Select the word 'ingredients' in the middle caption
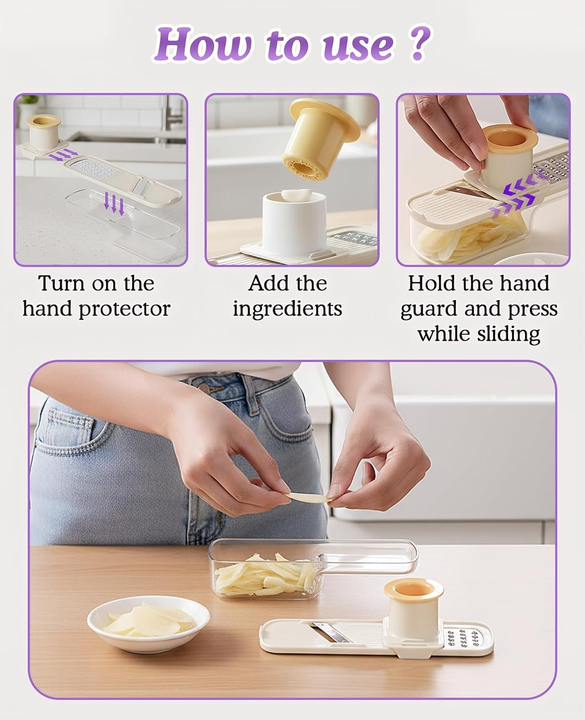(287, 309)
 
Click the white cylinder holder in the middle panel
(294, 224)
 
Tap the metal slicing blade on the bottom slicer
(330, 632)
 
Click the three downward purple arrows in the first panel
(114, 204)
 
